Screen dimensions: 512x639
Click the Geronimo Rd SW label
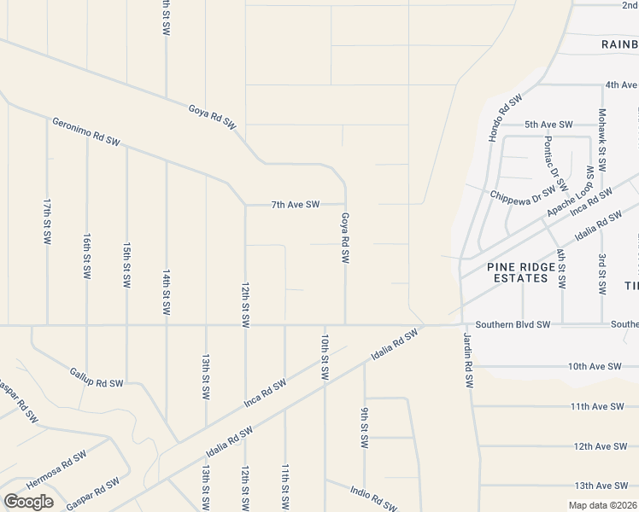click(x=86, y=131)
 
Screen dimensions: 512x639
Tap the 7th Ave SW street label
click(x=296, y=205)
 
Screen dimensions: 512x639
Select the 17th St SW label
click(x=47, y=222)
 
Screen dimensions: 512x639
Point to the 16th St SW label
click(x=87, y=255)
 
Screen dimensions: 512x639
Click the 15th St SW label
click(x=126, y=265)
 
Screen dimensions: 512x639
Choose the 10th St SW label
click(x=325, y=356)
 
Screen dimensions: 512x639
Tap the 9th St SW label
click(x=365, y=428)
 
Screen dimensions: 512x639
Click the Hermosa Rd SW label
click(x=56, y=468)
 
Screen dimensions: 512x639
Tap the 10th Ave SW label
click(x=595, y=366)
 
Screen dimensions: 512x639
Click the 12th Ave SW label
click(x=601, y=446)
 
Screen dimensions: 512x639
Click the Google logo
click(x=27, y=502)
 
